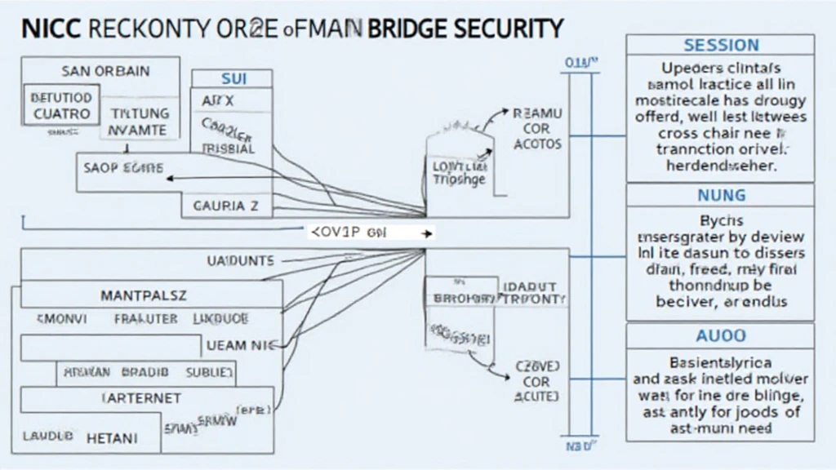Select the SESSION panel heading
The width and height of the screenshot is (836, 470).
pyautogui.click(x=721, y=45)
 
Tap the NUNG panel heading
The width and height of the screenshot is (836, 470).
pyautogui.click(x=721, y=195)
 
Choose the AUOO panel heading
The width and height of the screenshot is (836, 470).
pyautogui.click(x=721, y=335)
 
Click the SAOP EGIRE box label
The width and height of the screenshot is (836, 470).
pyautogui.click(x=123, y=168)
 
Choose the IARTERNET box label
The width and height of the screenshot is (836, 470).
pyautogui.click(x=142, y=399)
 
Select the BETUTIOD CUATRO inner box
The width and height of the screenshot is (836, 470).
pyautogui.click(x=61, y=106)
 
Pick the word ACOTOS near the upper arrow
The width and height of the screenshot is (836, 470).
pyautogui.click(x=537, y=144)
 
